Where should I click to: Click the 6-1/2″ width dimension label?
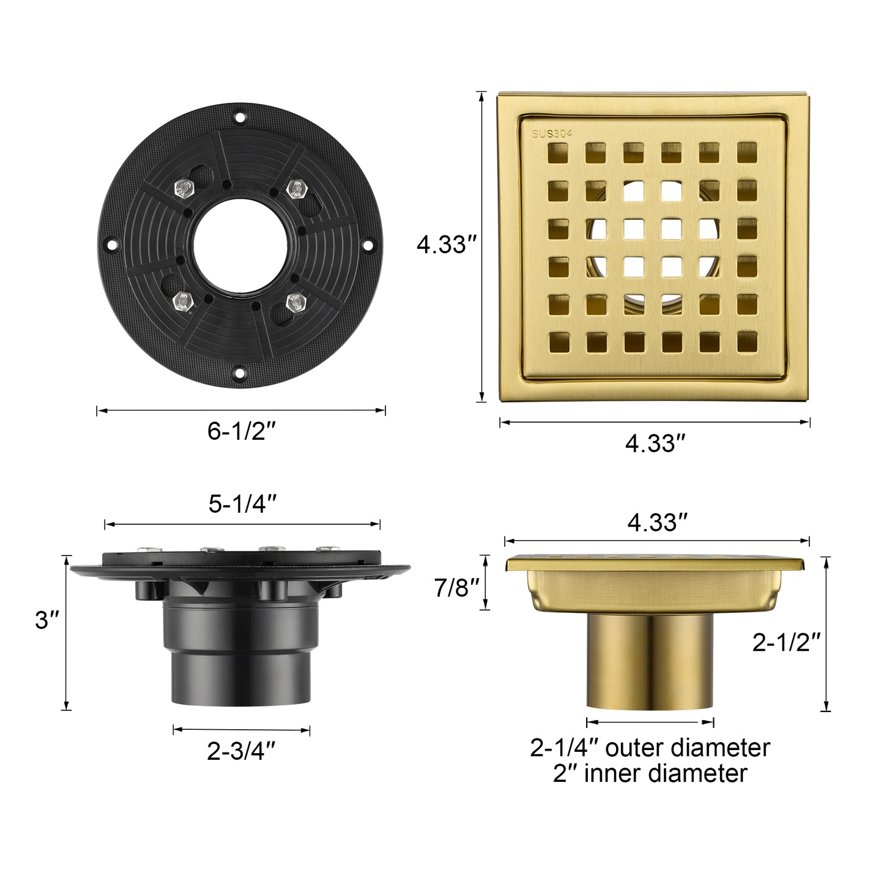[242, 432]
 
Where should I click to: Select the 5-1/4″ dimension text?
[243, 504]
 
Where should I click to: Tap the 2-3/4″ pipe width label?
[242, 751]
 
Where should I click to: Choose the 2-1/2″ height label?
[786, 642]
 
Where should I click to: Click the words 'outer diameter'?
[687, 748]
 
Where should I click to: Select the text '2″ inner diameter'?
[650, 774]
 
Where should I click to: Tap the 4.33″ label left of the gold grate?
[446, 245]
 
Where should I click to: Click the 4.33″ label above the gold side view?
[657, 522]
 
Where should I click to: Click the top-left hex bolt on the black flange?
[183, 188]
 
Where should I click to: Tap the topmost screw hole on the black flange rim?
[240, 116]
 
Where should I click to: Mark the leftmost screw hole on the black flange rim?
[111, 245]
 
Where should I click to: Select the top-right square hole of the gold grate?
[746, 152]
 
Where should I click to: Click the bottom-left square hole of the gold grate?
[557, 343]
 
